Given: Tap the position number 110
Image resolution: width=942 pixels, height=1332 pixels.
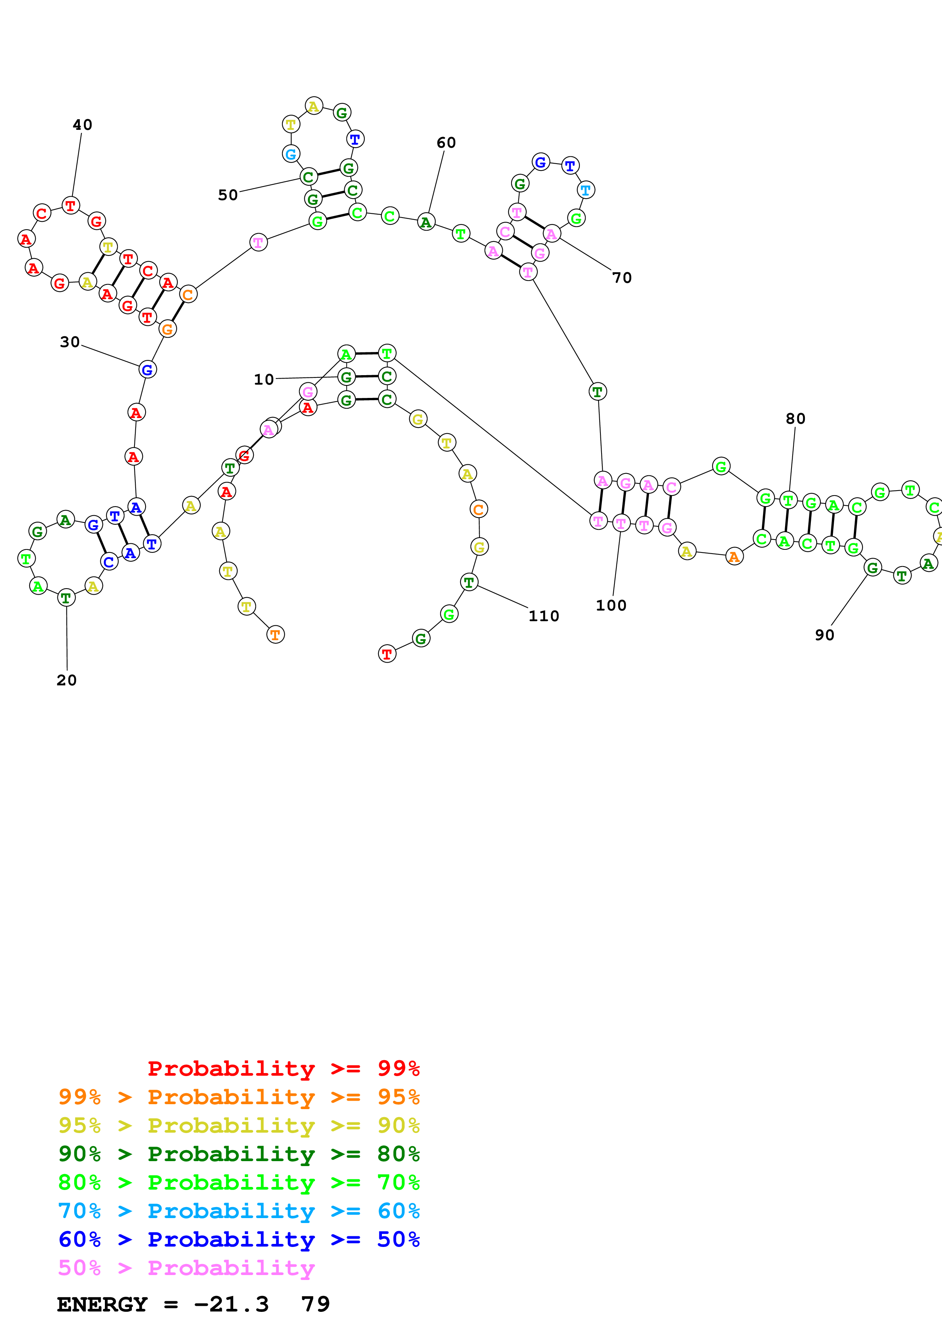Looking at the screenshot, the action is pyautogui.click(x=543, y=616).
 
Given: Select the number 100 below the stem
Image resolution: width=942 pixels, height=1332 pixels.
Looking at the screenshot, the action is pyautogui.click(x=611, y=605).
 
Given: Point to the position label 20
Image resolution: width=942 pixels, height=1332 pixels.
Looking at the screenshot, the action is pyautogui.click(x=66, y=680).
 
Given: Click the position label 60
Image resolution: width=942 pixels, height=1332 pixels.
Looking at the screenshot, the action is pyautogui.click(x=446, y=143).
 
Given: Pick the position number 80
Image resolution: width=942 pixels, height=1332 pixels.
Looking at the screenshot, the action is pyautogui.click(x=795, y=418).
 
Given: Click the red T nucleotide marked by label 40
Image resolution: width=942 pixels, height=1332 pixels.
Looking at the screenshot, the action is pyautogui.click(x=70, y=205).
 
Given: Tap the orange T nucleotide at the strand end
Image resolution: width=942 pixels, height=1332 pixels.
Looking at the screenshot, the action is pyautogui.click(x=275, y=634).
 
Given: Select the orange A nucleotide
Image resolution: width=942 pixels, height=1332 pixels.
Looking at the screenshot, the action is pyautogui.click(x=734, y=557).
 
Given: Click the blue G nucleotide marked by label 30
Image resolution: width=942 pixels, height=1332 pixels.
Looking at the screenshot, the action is pyautogui.click(x=147, y=369).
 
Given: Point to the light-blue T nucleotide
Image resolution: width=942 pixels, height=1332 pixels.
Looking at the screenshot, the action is pyautogui.click(x=586, y=190).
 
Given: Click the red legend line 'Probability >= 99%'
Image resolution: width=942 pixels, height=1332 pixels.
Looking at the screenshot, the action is pyautogui.click(x=283, y=1068).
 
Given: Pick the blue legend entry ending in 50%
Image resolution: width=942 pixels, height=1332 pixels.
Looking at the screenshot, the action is pyautogui.click(x=239, y=1239).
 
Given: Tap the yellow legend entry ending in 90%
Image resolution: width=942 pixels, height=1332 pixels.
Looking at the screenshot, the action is pyautogui.click(x=239, y=1125).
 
